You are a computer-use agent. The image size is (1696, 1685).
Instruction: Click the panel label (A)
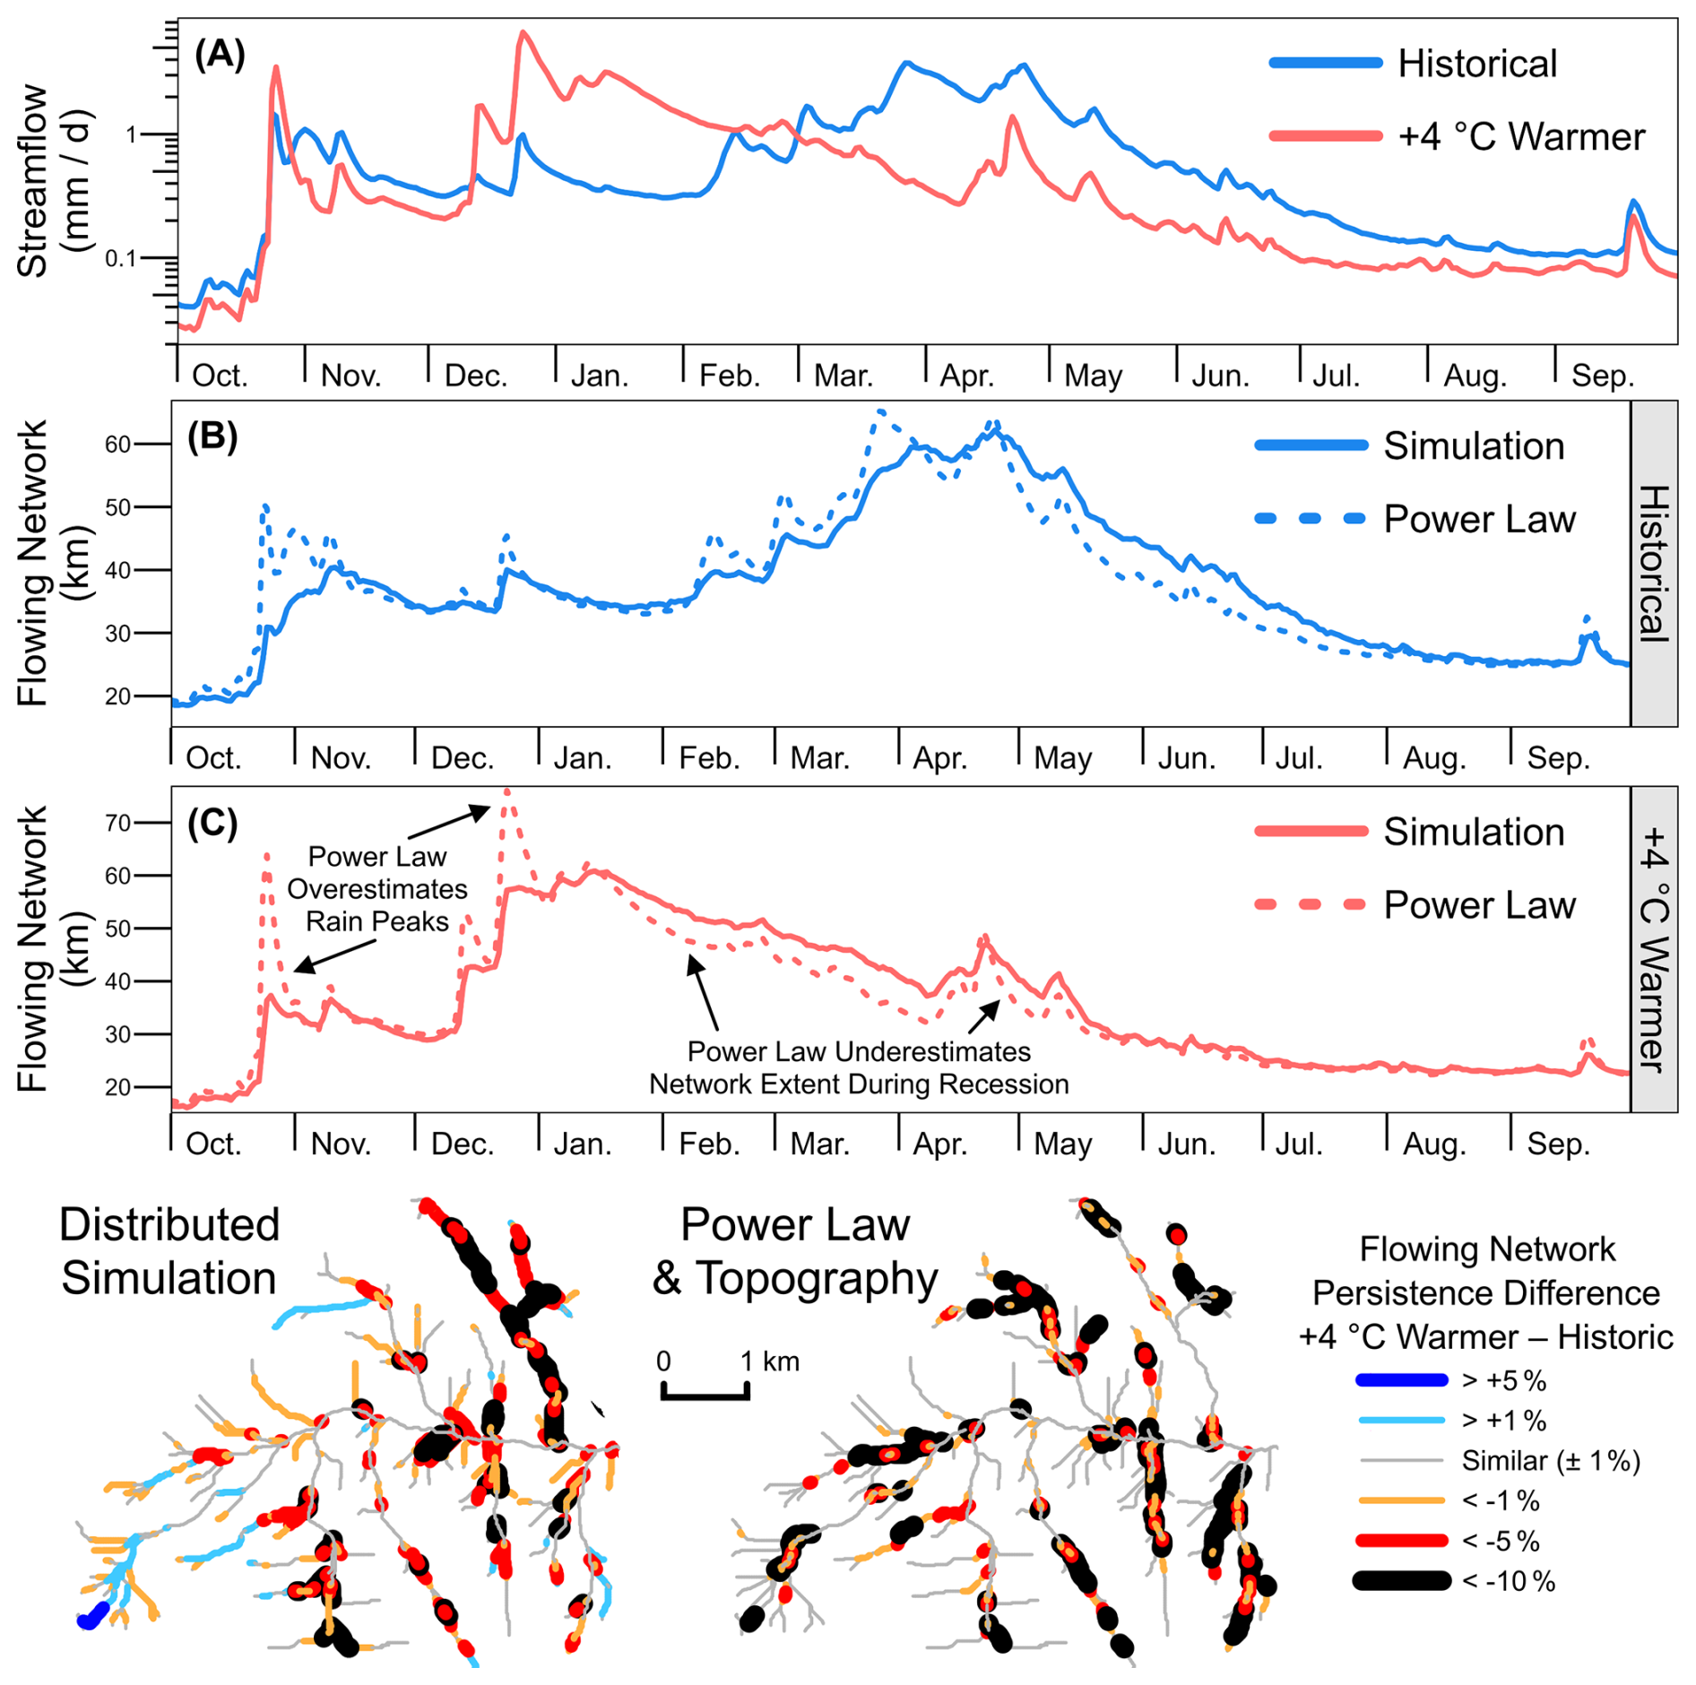coord(220,56)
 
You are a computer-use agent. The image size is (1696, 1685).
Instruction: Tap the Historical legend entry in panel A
coord(1414,64)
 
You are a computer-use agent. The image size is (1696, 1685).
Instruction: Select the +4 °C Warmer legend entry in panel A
coord(1457,137)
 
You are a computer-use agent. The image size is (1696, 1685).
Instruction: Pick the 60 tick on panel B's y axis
coord(117,445)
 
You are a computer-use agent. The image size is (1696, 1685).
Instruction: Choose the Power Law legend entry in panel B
coord(1415,519)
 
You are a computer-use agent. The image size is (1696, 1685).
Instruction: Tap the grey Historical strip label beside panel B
coord(1653,563)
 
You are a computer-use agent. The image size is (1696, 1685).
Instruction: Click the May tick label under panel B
coord(1062,759)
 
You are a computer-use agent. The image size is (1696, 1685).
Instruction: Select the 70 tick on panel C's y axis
coord(117,823)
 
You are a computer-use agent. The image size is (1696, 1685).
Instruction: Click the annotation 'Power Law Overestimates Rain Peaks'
coord(377,889)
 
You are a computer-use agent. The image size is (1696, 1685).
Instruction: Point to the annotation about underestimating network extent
coord(859,1067)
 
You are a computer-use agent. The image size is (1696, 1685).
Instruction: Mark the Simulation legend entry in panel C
coord(1410,832)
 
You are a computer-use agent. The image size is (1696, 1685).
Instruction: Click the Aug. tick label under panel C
coord(1434,1145)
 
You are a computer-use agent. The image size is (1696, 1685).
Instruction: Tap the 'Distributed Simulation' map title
coord(169,1251)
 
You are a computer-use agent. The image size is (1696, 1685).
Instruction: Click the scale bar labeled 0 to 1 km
coord(705,1392)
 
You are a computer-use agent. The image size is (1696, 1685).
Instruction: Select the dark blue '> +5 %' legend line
coord(1402,1381)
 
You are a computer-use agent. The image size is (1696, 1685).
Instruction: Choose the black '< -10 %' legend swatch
coord(1402,1581)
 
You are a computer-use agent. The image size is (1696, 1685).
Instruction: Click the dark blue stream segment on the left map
coord(92,1615)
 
